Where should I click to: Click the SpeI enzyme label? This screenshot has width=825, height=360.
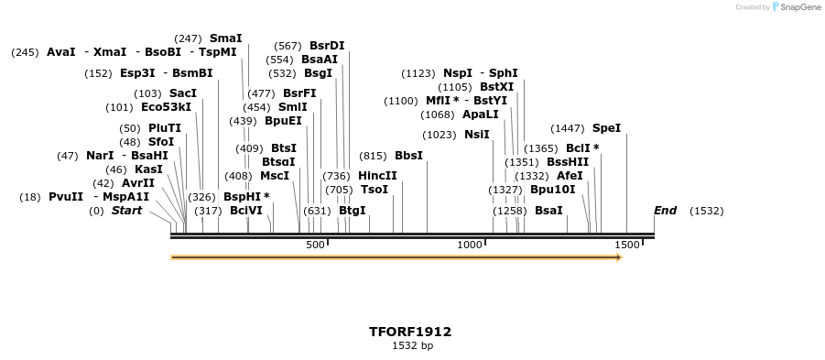pos(606,128)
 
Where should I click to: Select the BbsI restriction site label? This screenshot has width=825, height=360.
pos(408,156)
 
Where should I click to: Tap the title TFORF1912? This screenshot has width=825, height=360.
pos(409,332)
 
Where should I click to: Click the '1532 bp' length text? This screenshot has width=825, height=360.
pos(412,346)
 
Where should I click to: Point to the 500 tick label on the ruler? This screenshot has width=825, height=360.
pos(315,245)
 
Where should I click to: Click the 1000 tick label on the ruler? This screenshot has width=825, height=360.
pos(469,245)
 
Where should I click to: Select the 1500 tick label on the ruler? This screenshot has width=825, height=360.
pos(626,245)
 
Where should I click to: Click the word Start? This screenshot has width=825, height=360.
pos(126,211)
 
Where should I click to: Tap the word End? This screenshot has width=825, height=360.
pos(665,211)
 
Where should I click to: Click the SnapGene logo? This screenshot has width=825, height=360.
pos(795,7)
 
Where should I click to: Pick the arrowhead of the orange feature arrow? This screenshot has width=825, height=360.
pos(619,257)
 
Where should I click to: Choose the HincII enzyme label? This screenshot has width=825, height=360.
pos(377,176)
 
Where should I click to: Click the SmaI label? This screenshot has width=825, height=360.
pos(225,38)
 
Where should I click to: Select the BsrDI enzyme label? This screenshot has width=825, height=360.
pos(327,46)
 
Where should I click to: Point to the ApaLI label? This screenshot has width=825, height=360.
pos(481,115)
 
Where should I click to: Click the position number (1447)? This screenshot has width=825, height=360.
pos(568,128)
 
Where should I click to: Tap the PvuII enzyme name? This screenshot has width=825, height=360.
pos(66,197)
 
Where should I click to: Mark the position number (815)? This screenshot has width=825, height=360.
pos(373,156)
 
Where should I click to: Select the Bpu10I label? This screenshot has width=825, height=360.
pos(553,190)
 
